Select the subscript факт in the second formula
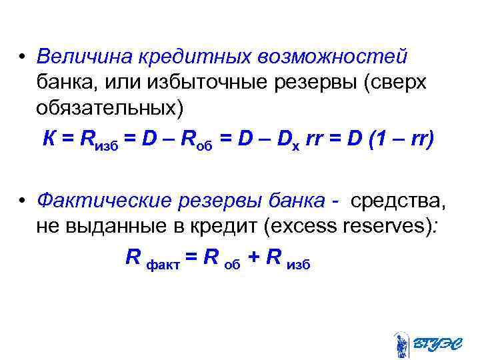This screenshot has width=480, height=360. pyautogui.click(x=161, y=264)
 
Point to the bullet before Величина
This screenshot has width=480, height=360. pyautogui.click(x=23, y=59)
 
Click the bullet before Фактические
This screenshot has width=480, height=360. pyautogui.click(x=23, y=201)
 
